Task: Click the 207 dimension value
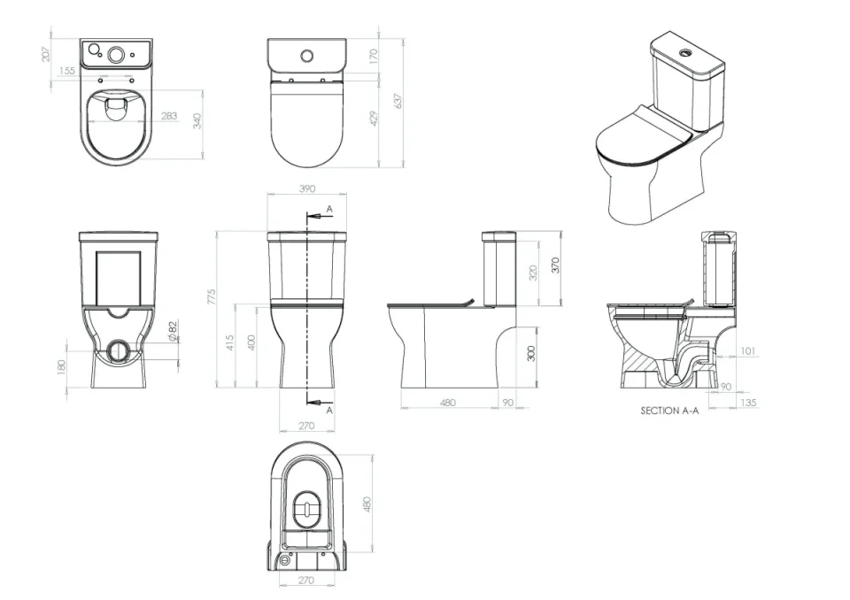pyautogui.click(x=45, y=54)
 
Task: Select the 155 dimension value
pyautogui.click(x=66, y=71)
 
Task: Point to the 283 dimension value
pyautogui.click(x=168, y=116)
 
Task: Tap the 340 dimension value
pyautogui.click(x=197, y=120)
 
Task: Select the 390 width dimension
pyautogui.click(x=307, y=188)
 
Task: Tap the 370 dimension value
pyautogui.click(x=556, y=265)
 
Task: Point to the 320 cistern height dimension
pyautogui.click(x=533, y=273)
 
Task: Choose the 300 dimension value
pyautogui.click(x=530, y=353)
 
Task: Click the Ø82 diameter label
pyautogui.click(x=173, y=329)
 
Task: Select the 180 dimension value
pyautogui.click(x=61, y=366)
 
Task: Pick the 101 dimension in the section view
pyautogui.click(x=747, y=351)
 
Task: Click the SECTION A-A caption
pyautogui.click(x=669, y=411)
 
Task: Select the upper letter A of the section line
pyautogui.click(x=329, y=209)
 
